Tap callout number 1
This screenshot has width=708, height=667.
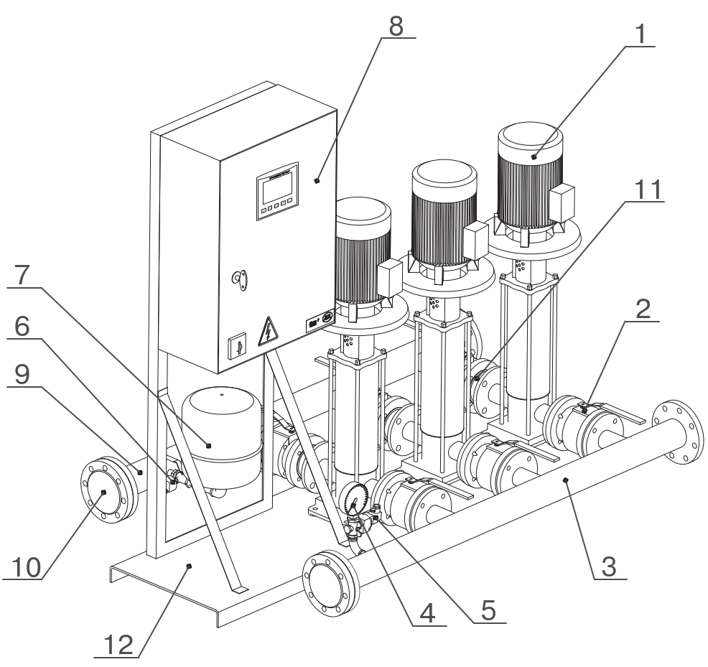pos(641,34)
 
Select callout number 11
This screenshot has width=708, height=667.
pos(648,190)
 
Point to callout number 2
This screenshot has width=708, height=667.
pos(643,309)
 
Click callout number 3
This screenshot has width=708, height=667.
pos(609,566)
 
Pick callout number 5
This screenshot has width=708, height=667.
pos(488,610)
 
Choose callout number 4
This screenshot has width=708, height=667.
pos(427,614)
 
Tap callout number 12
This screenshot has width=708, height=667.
pos(118,645)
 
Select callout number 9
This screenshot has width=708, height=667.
pos(22,374)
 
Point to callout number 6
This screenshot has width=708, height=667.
pos(22,326)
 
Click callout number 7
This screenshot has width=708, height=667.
pos(22,275)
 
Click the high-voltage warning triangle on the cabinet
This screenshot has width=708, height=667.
pos(269,332)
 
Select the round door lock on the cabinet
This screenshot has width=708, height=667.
pos(240,279)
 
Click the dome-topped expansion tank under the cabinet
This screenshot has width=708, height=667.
pos(222,438)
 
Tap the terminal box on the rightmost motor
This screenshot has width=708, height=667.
pos(562,203)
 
